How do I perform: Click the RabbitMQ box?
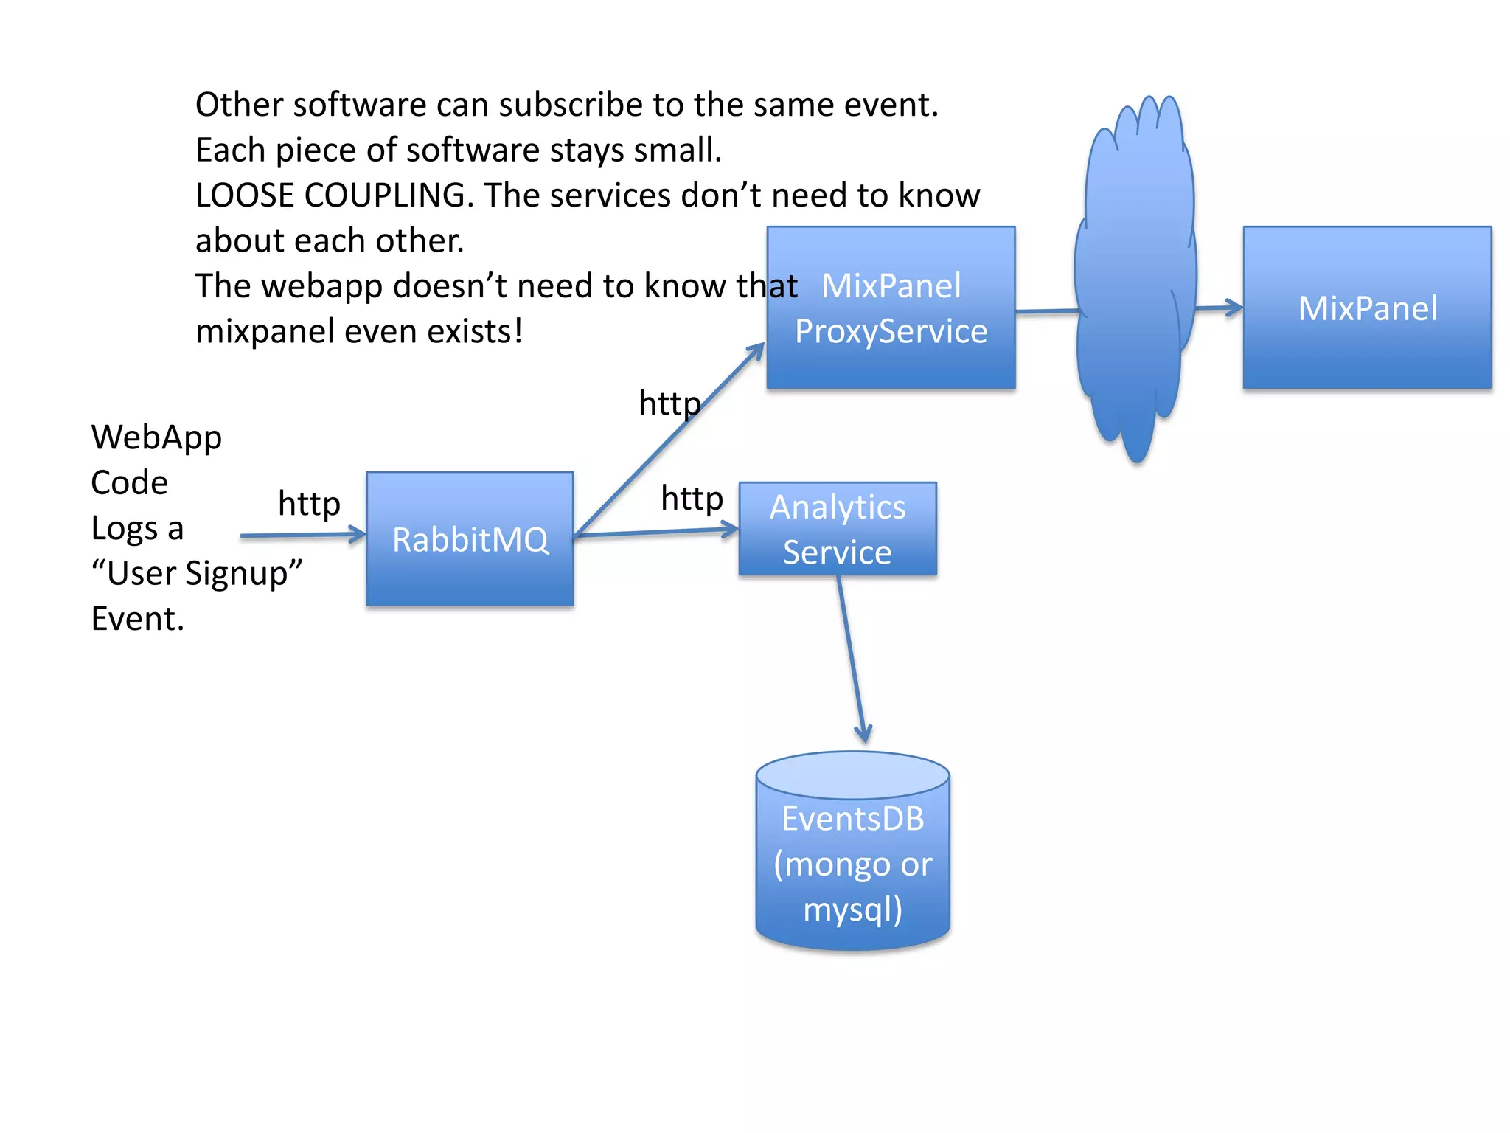(470, 539)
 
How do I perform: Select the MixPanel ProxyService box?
(891, 308)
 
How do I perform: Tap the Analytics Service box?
(838, 529)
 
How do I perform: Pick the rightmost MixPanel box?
(1367, 308)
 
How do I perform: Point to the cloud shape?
(1135, 280)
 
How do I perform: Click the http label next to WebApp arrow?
(309, 504)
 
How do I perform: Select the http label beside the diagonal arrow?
(669, 403)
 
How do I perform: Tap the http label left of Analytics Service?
(692, 498)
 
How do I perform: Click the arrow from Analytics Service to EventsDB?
(852, 656)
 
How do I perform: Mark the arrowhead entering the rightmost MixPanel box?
(1233, 308)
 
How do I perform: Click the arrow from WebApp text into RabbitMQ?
(302, 535)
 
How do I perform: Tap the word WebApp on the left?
(156, 437)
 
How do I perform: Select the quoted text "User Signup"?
(197, 573)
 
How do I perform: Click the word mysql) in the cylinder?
(852, 909)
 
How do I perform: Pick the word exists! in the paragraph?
(475, 331)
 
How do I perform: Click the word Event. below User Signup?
(137, 619)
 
